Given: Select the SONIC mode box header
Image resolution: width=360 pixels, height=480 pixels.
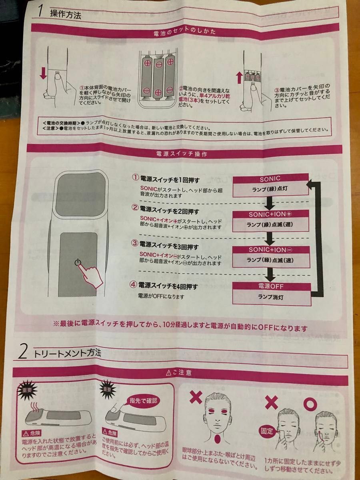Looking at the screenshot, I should [270, 178].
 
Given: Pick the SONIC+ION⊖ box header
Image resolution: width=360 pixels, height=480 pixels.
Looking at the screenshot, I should [270, 250].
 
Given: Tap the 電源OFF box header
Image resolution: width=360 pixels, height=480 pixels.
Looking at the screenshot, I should [271, 286].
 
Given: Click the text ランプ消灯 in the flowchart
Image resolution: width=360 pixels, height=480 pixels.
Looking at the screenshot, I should [270, 297].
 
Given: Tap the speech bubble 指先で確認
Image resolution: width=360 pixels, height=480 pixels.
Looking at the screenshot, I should [144, 400].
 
